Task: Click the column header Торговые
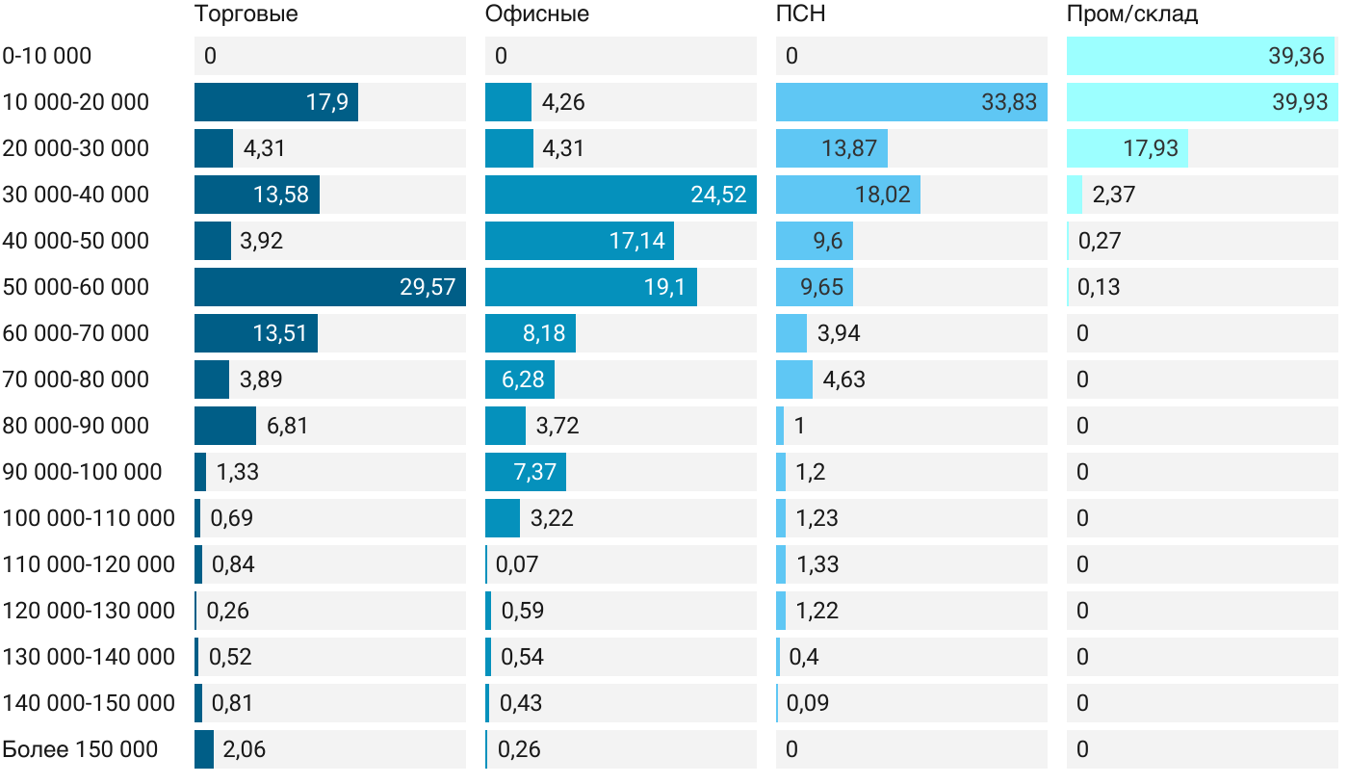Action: click(x=246, y=14)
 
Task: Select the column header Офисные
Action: click(x=537, y=14)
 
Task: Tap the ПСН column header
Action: click(x=801, y=14)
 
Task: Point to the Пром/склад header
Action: click(x=1132, y=14)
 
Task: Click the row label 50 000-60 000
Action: click(x=76, y=287)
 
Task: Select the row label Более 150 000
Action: click(x=80, y=749)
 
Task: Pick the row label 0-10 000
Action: click(x=47, y=56)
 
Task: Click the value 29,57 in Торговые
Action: click(x=428, y=287)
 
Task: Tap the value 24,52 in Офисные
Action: click(x=718, y=195)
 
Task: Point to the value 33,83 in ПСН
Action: click(x=1009, y=102)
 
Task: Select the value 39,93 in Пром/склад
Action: click(x=1300, y=102)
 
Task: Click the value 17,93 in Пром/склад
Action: click(x=1152, y=148)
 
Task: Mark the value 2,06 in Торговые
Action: click(x=244, y=749)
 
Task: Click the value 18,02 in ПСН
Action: click(x=883, y=195)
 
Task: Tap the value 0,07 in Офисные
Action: click(x=517, y=564)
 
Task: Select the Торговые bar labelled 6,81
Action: click(x=225, y=426)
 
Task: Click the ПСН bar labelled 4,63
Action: click(x=794, y=379)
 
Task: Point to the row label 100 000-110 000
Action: click(x=89, y=518)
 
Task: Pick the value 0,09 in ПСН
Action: click(x=808, y=703)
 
